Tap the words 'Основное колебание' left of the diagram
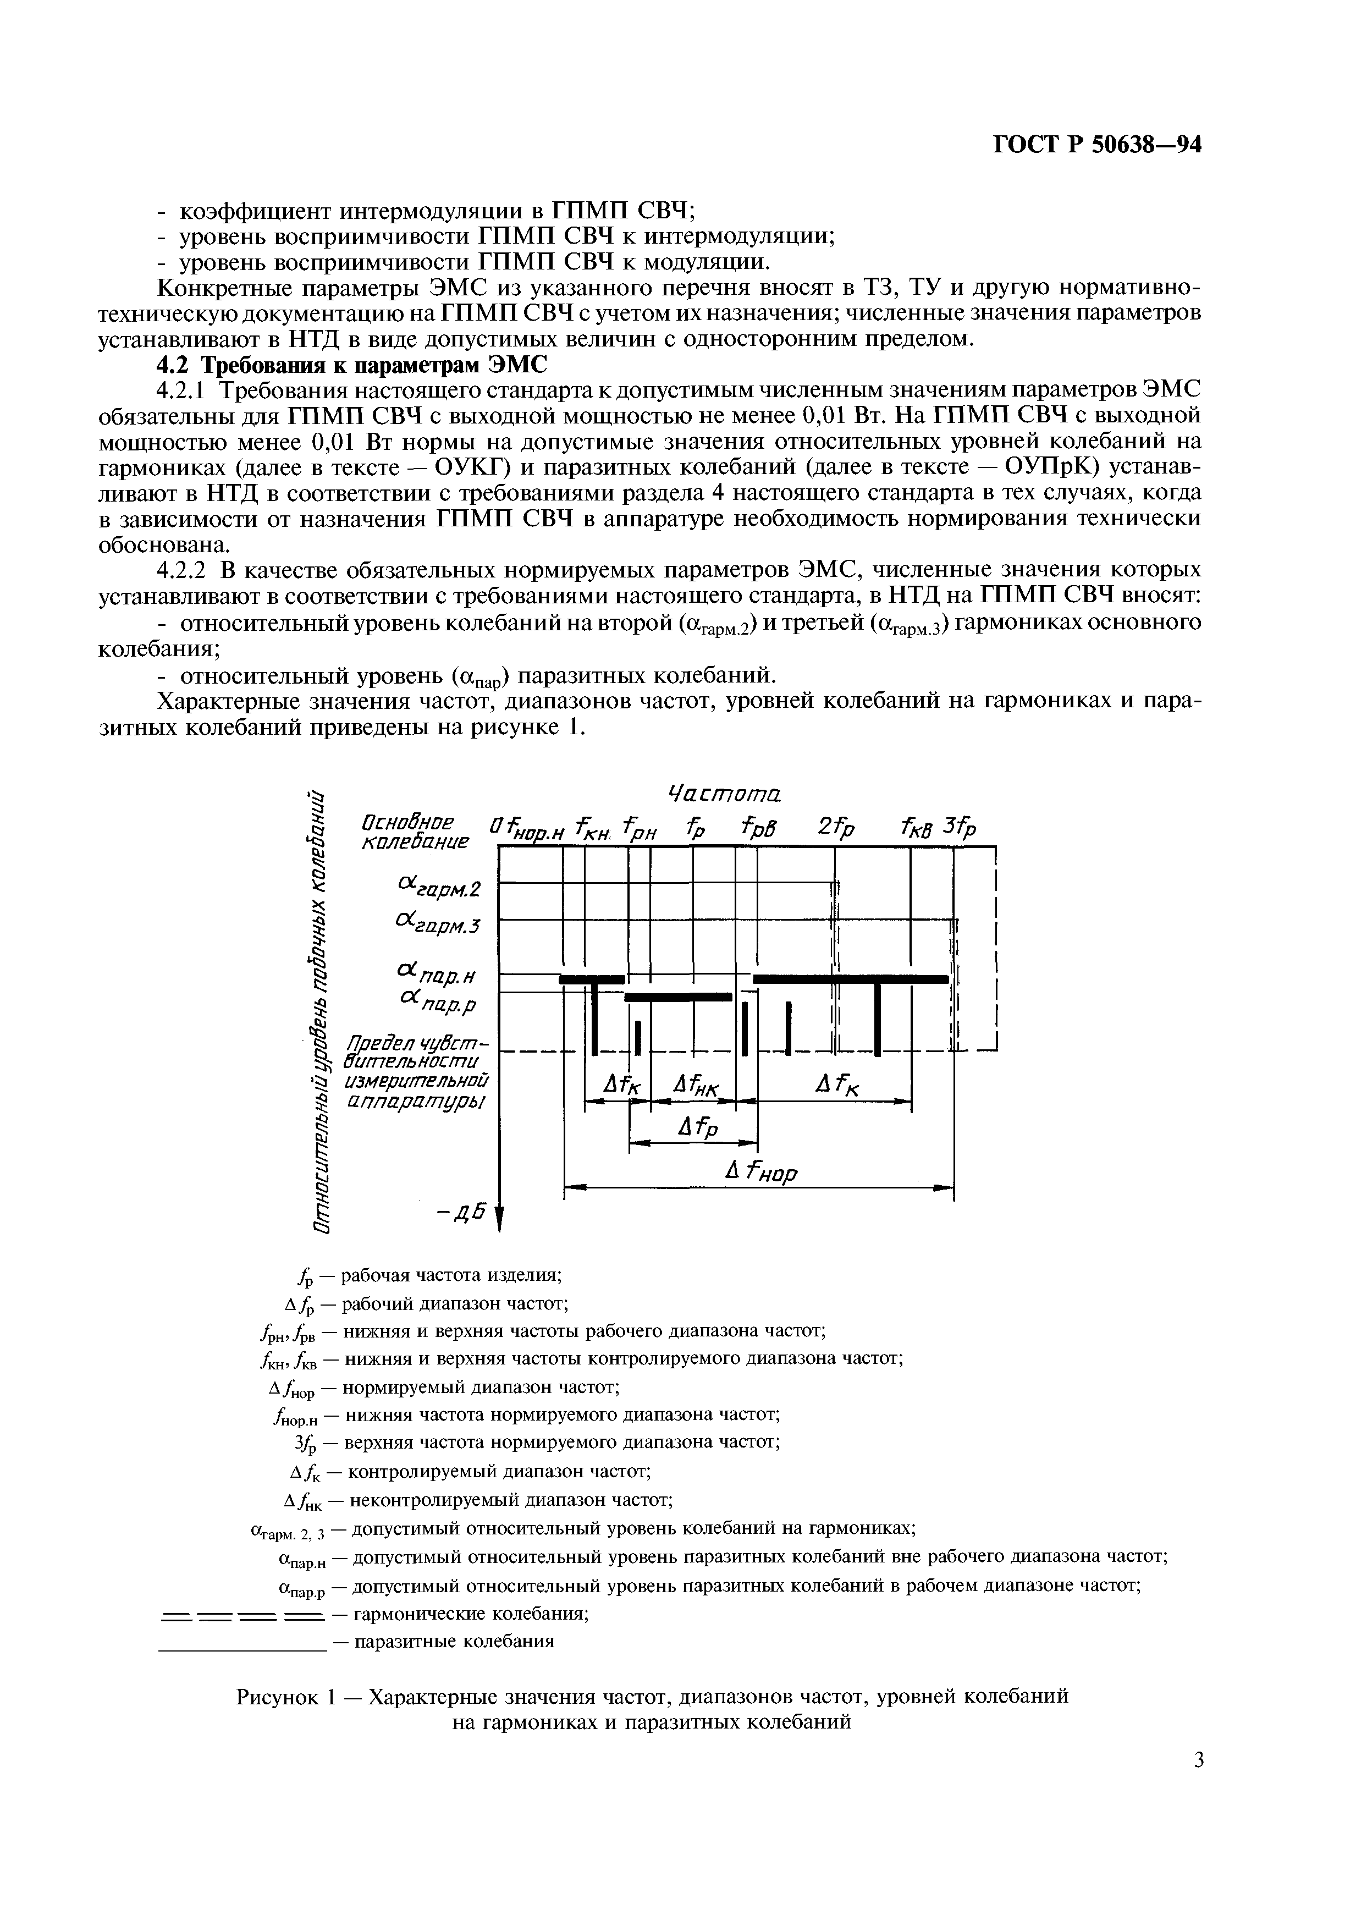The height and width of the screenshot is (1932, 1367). click(414, 832)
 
